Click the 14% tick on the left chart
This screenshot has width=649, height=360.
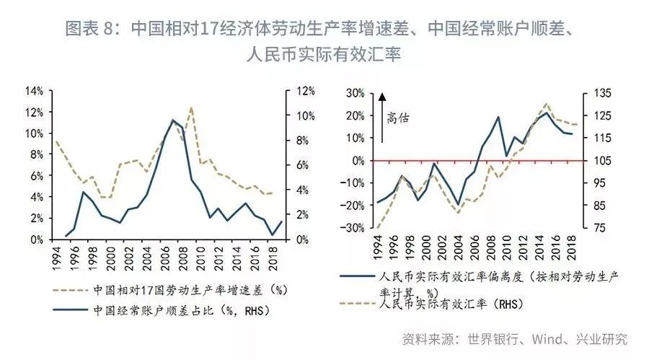click(34, 91)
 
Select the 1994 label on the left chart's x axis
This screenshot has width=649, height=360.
click(57, 255)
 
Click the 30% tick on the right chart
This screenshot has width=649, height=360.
click(353, 93)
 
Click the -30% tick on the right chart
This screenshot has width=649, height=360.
click(351, 228)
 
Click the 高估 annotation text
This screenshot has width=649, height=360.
click(397, 117)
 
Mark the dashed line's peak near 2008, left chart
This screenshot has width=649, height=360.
click(191, 108)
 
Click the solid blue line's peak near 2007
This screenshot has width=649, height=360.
click(172, 120)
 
